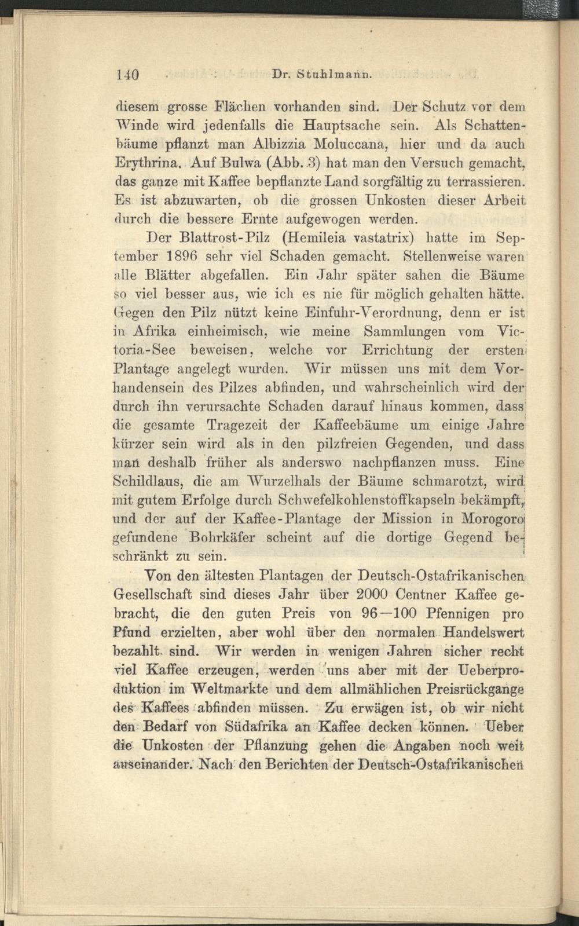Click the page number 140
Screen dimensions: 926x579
(x=124, y=75)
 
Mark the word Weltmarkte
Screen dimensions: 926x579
(x=245, y=689)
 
